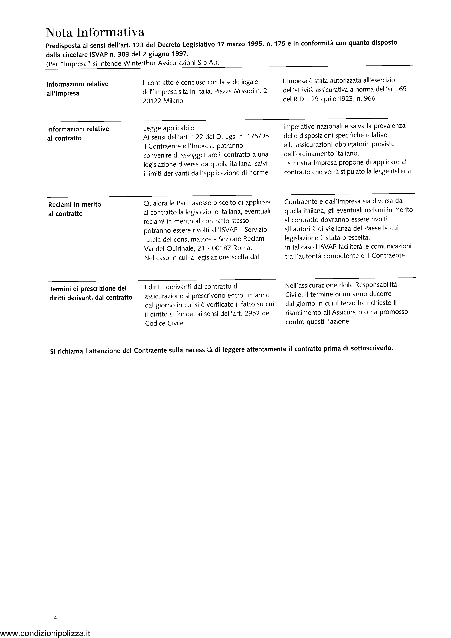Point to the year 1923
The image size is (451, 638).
pyautogui.click(x=341, y=99)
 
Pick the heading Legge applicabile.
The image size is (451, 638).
pyautogui.click(x=169, y=128)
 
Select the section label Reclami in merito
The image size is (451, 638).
pyautogui.click(x=74, y=205)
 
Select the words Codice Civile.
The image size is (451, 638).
pyautogui.click(x=165, y=323)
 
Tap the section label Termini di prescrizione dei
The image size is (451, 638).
pyautogui.click(x=88, y=288)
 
